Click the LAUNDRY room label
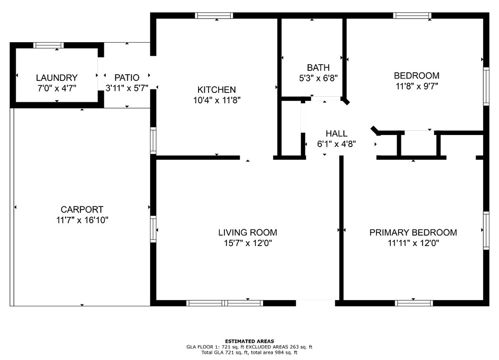coord(56,78)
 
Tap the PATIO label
coord(127,78)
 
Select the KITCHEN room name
coord(216,90)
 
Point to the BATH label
coord(318,67)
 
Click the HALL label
coord(336,134)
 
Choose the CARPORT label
coord(82,210)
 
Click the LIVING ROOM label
coord(248,232)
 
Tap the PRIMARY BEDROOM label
coord(413,232)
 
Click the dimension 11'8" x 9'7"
coord(417,86)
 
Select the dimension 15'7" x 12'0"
coord(248,243)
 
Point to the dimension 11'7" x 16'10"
coord(82,220)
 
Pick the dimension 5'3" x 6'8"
coord(318,78)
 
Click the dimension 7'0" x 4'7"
coord(56,88)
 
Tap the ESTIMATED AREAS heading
coord(250,341)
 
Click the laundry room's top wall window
coord(48,45)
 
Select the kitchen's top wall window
coord(214,16)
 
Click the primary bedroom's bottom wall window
coord(414,303)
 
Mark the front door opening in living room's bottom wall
coord(315,303)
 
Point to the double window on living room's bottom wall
coord(225,303)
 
